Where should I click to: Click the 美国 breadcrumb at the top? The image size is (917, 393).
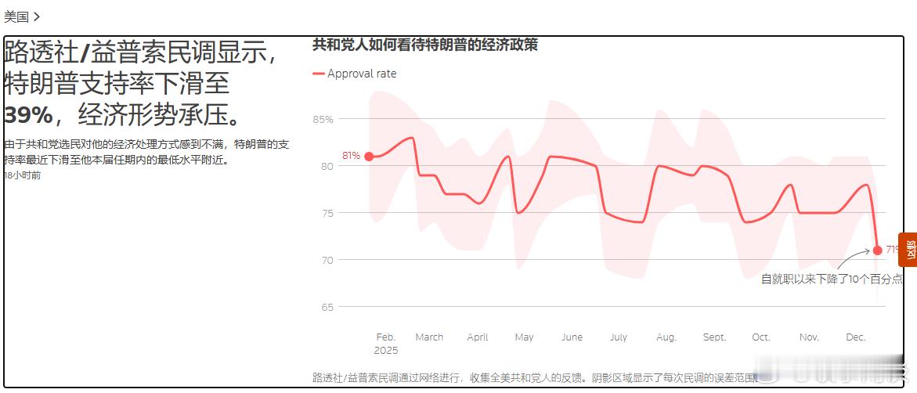click(x=17, y=16)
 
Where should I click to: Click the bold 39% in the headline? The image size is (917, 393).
click(x=28, y=115)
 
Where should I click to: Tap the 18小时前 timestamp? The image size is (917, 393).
click(x=23, y=175)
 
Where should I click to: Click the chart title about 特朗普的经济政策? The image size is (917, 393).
click(x=424, y=45)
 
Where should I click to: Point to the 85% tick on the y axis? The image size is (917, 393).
click(x=323, y=120)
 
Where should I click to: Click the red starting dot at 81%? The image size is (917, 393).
click(x=369, y=157)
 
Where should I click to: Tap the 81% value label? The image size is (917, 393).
click(x=351, y=156)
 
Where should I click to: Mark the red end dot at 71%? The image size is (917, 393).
click(x=877, y=251)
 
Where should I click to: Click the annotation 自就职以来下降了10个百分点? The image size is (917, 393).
click(x=832, y=279)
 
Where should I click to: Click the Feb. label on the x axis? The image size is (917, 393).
click(x=385, y=337)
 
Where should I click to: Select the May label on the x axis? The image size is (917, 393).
click(x=524, y=337)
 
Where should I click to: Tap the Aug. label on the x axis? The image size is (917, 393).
click(x=666, y=337)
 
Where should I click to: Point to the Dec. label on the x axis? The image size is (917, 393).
click(x=856, y=337)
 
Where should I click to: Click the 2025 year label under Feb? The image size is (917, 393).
click(x=385, y=351)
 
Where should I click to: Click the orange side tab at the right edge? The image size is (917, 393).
click(x=909, y=250)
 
